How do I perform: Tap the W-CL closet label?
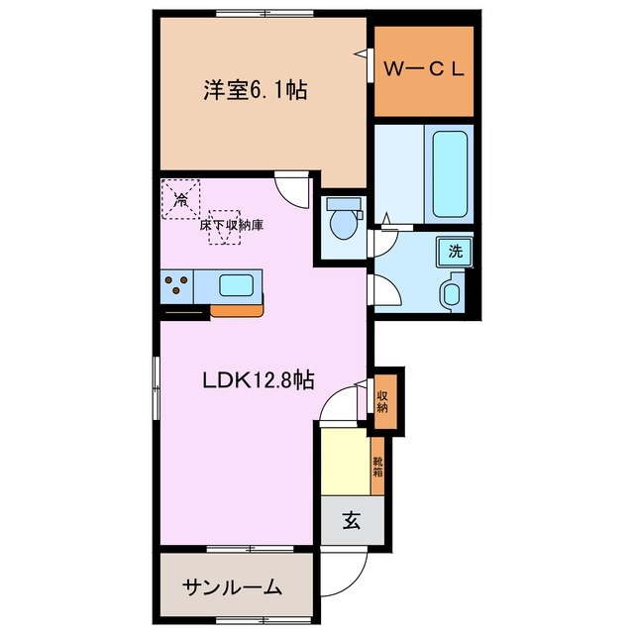click(423, 70)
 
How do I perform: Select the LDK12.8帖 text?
click(259, 379)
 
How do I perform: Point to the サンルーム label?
click(231, 586)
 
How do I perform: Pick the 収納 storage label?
click(383, 401)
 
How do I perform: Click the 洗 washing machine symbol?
click(455, 252)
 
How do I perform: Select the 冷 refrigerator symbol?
click(181, 198)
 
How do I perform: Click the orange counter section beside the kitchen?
click(238, 310)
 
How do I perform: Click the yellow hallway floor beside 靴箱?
click(345, 461)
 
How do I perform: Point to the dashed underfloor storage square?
click(224, 226)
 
